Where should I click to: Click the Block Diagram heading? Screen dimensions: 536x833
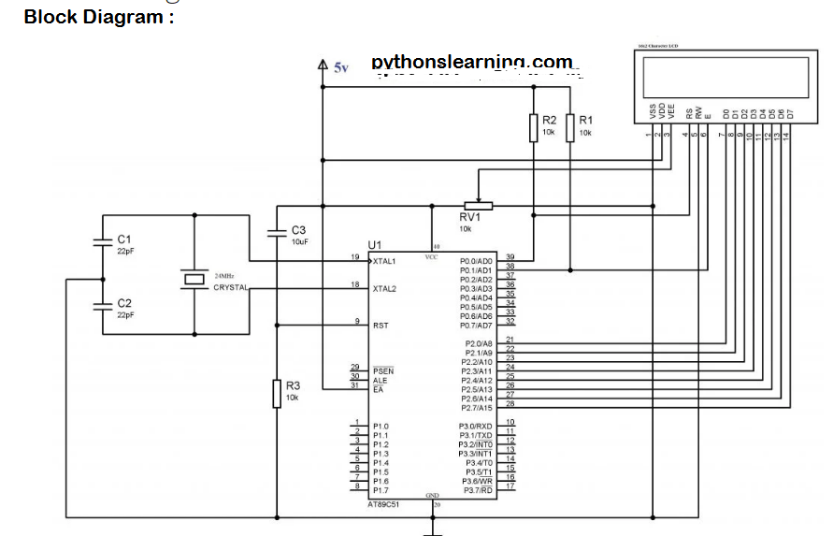pos(98,16)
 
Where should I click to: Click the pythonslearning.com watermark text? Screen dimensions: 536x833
pos(471,62)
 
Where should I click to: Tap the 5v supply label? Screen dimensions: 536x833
pos(340,67)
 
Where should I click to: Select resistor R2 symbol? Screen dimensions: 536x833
pos(533,127)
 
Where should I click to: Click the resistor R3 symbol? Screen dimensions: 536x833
pos(277,393)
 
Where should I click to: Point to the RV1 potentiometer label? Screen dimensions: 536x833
pos(470,217)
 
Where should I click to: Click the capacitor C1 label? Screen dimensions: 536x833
pos(124,239)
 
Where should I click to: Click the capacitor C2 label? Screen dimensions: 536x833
pos(124,304)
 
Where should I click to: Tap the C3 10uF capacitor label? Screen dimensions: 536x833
pos(298,230)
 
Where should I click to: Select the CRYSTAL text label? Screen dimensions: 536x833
pos(231,288)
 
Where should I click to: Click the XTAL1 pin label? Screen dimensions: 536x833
pos(384,261)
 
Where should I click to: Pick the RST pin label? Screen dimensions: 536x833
pos(381,326)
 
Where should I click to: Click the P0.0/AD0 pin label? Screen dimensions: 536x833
pos(476,261)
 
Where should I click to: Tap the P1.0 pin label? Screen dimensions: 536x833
pos(380,427)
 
